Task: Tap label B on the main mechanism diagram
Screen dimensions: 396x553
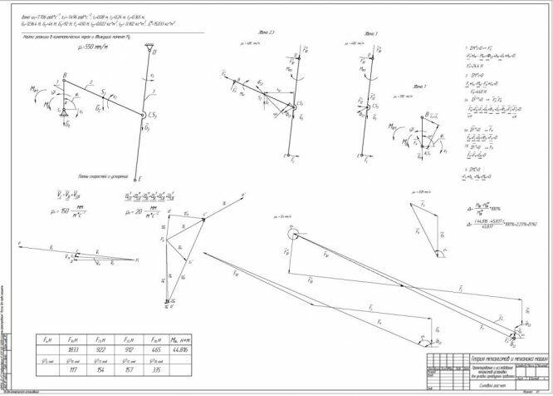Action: (x=64, y=75)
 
